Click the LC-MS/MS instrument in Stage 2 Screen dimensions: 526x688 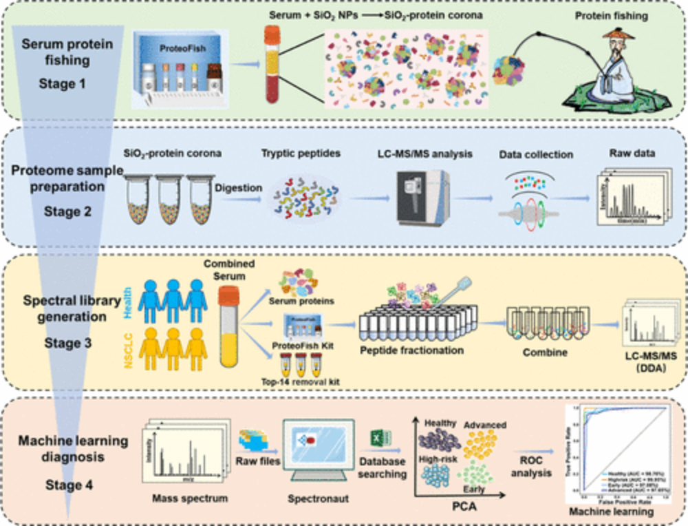point(420,197)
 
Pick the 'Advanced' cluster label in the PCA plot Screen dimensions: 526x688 point(486,425)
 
